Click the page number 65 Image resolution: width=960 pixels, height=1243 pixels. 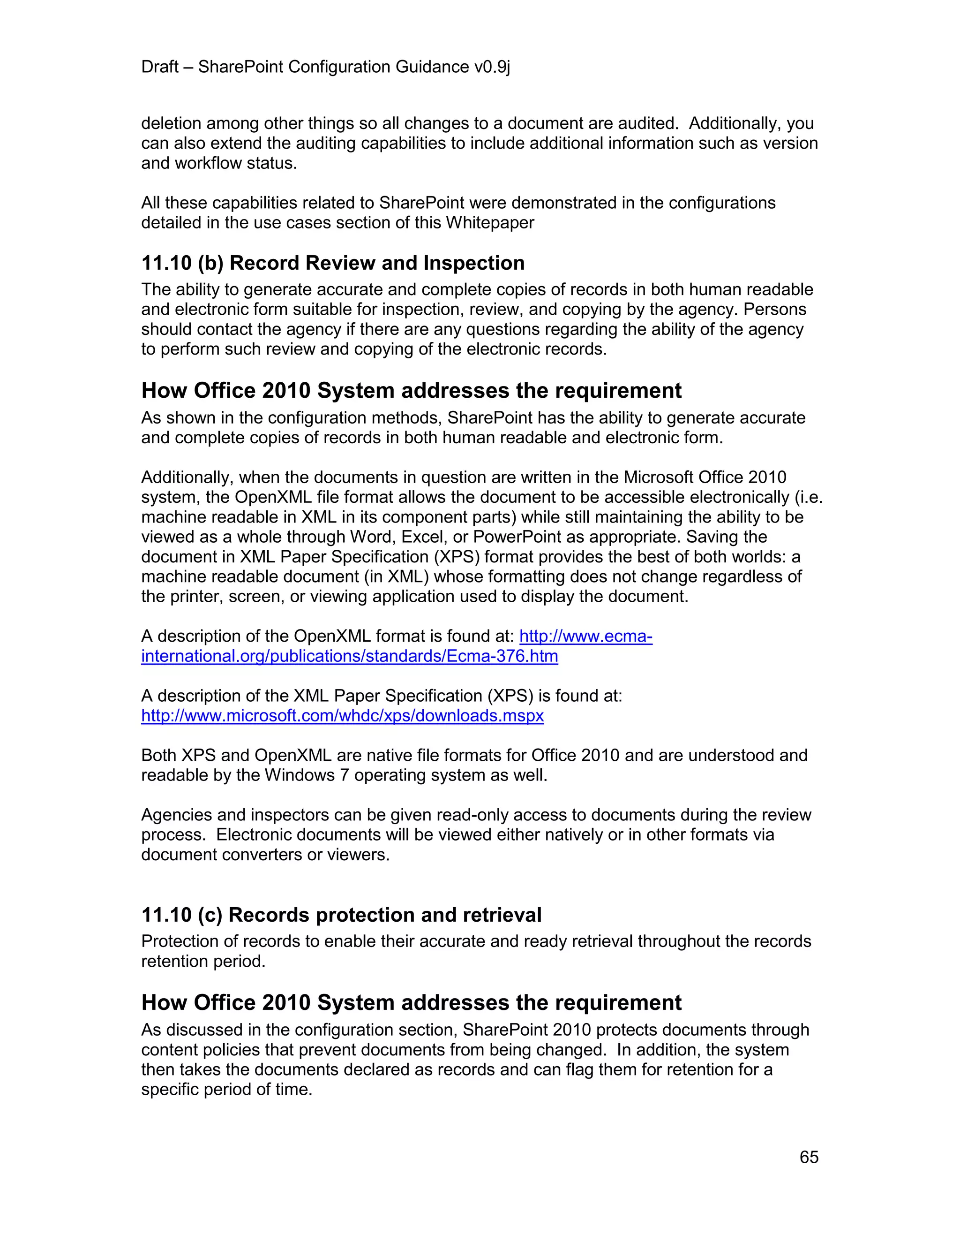point(809,1157)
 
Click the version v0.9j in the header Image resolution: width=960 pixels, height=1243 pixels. point(492,67)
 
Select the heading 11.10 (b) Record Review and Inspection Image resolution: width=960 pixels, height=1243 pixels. point(333,263)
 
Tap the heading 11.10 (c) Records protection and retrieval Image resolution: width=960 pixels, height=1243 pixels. point(341,915)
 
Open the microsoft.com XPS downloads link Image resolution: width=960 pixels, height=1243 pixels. point(342,715)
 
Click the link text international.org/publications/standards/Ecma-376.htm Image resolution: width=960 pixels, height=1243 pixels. point(349,656)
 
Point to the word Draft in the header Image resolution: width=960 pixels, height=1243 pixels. point(160,67)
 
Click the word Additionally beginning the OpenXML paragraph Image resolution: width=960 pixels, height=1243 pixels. point(187,477)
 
